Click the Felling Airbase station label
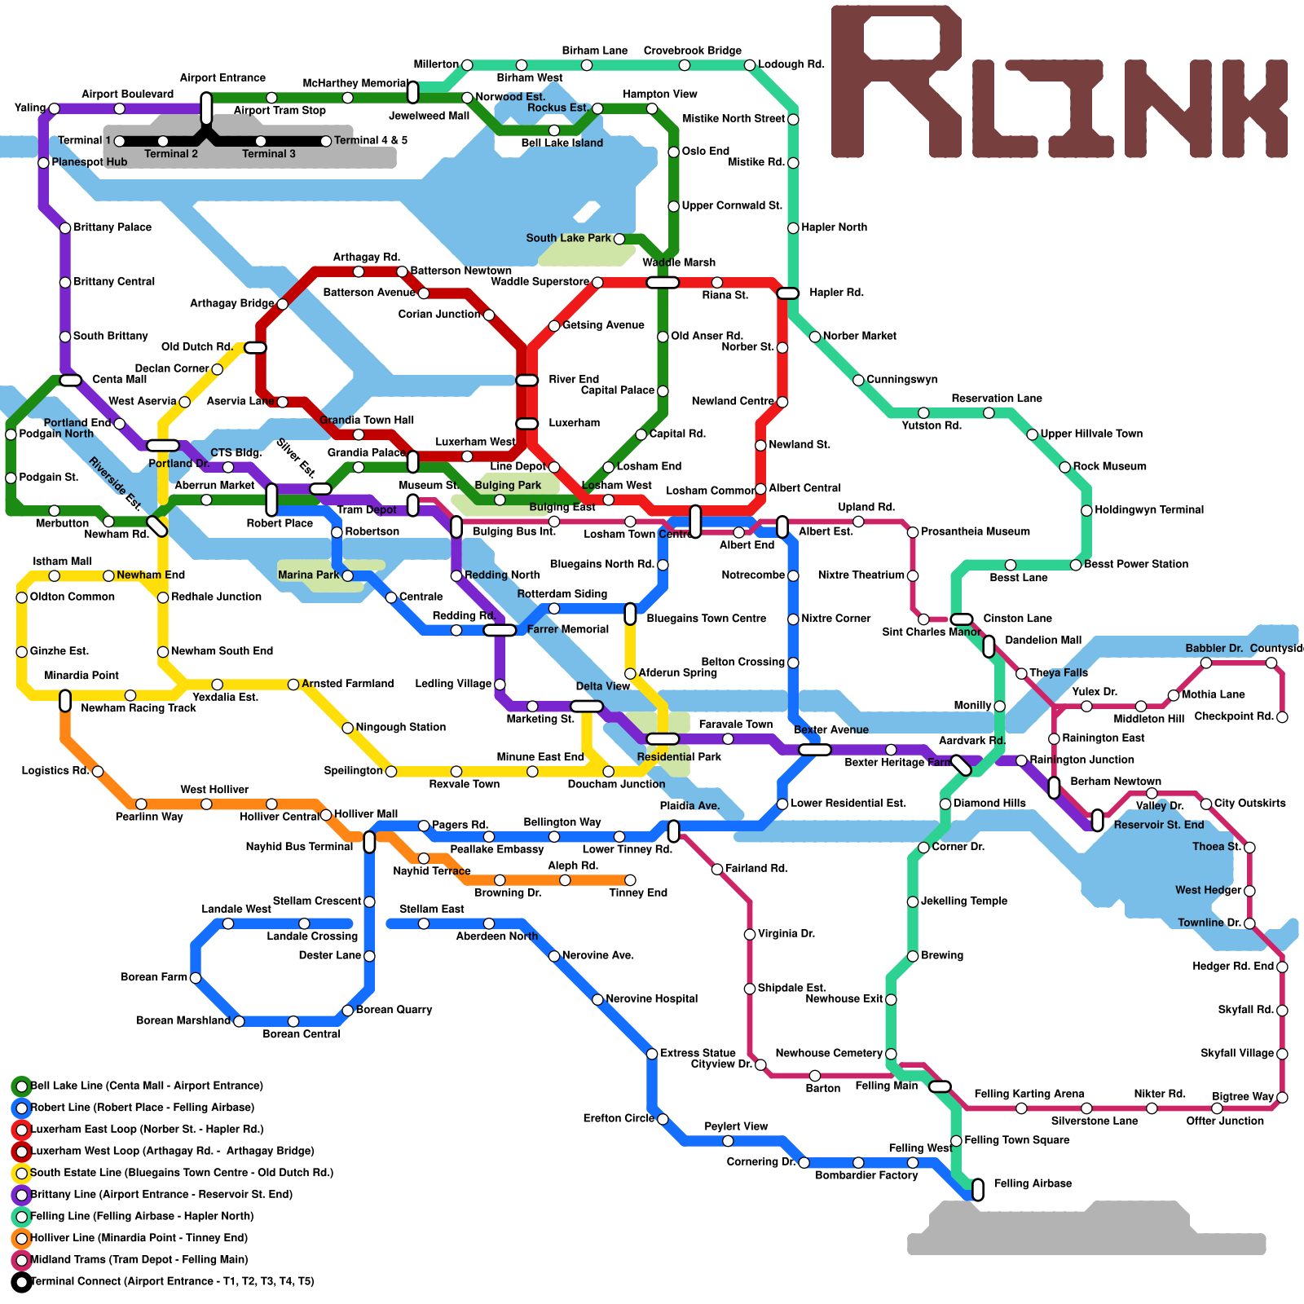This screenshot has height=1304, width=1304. coord(1033,1183)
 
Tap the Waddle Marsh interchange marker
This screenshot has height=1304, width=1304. coord(663,282)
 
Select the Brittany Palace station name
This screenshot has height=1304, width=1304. coord(112,227)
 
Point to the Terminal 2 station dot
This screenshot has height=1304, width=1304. coord(163,141)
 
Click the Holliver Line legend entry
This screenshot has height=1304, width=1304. coord(139,1238)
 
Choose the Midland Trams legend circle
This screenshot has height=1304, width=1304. coord(21,1260)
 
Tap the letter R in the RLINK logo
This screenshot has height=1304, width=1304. coord(896,81)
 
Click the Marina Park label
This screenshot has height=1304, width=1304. coord(308,575)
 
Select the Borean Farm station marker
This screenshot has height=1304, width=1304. coord(196,977)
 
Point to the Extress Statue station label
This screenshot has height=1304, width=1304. coord(698,1053)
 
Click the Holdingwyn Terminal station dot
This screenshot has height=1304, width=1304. coord(1086,510)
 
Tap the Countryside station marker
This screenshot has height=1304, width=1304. coord(1271,663)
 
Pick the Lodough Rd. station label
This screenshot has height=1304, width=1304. coord(791,64)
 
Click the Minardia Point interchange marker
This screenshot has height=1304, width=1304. coord(65,700)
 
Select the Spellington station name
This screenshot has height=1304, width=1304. coord(353,771)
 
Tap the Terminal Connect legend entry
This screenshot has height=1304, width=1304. coord(171,1281)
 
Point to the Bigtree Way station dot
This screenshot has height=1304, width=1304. coord(1282,1097)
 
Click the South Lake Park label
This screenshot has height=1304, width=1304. coord(568,238)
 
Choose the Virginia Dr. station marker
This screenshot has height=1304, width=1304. coord(750,934)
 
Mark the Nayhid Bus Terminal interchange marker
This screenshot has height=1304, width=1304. coord(369,842)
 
